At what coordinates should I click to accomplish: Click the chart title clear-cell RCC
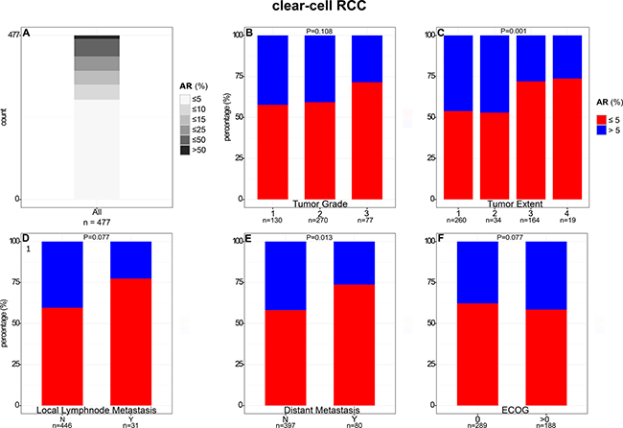coord(311,12)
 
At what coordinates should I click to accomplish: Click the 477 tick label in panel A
coord(12,35)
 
